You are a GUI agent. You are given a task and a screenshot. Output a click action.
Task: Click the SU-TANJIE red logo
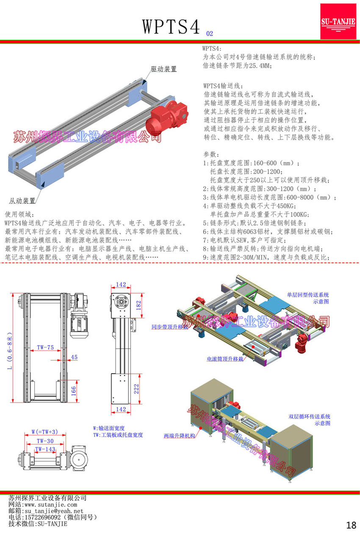pyautogui.click(x=338, y=22)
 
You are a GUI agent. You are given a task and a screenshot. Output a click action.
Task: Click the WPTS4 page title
pyautogui.click(x=171, y=27)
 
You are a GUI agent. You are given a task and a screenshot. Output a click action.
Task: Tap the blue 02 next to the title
pyautogui.click(x=210, y=33)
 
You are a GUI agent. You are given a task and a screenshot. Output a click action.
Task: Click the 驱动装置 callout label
pyautogui.click(x=163, y=69)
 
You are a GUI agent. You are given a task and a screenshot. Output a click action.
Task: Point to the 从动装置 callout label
pyautogui.click(x=22, y=201)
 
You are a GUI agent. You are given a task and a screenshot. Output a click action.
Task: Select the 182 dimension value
pyautogui.click(x=138, y=306)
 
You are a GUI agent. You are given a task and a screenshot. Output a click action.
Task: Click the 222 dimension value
pyautogui.click(x=136, y=389)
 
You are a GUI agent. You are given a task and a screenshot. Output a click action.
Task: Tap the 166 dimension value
pyautogui.click(x=73, y=391)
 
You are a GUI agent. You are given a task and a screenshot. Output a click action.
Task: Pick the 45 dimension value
pyautogui.click(x=74, y=357)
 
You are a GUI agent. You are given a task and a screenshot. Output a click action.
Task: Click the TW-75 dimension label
pyautogui.click(x=45, y=347)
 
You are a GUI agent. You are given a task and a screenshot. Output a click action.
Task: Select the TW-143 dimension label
pyautogui.click(x=45, y=449)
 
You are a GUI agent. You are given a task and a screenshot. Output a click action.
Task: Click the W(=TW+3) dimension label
pyautogui.click(x=45, y=432)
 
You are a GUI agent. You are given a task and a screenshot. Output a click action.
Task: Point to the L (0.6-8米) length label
pyautogui.click(x=10, y=351)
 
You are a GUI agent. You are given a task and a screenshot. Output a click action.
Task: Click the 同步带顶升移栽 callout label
pyautogui.click(x=170, y=327)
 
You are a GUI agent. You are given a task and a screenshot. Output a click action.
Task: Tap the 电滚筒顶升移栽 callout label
pyautogui.click(x=225, y=359)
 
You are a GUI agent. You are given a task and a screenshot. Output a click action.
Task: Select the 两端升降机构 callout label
pyautogui.click(x=180, y=435)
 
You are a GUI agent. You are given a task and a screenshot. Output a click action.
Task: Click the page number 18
pyautogui.click(x=351, y=525)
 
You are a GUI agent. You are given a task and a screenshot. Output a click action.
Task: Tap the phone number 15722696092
pyautogui.click(x=43, y=517)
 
